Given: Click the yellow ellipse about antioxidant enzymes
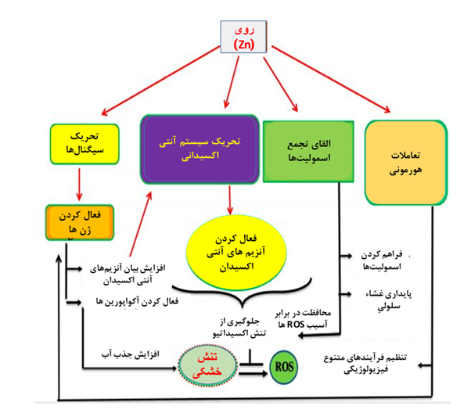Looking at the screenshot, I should [x=232, y=253].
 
